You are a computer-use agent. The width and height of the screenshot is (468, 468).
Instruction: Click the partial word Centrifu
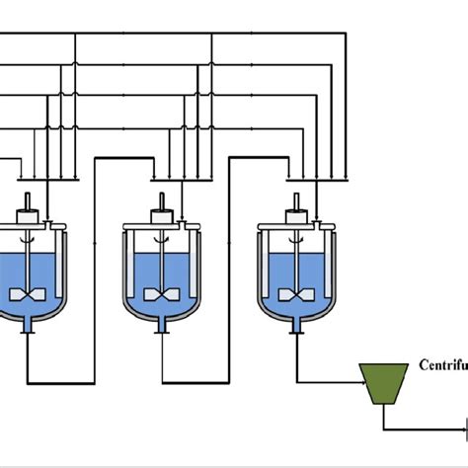pos(442,363)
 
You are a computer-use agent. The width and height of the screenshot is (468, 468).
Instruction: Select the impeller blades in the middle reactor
pos(159,294)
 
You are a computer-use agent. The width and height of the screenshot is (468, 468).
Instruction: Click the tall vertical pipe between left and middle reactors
pos(95,276)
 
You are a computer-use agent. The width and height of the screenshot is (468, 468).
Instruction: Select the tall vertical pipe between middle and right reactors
pos(229,276)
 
